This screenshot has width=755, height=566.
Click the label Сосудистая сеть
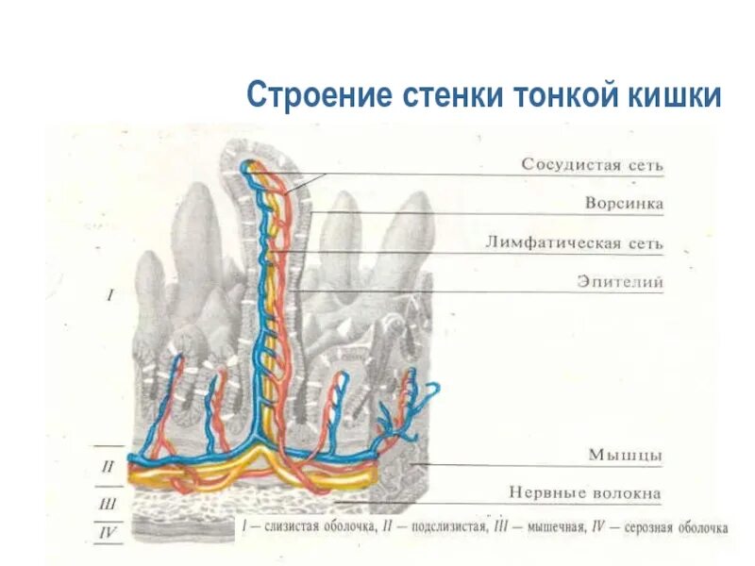[593, 165]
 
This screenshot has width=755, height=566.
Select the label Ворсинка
[624, 204]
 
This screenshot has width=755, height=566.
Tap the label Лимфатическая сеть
[575, 243]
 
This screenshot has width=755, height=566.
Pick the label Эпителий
[620, 282]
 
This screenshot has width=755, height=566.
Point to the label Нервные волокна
[585, 492]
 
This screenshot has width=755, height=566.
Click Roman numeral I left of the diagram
[109, 295]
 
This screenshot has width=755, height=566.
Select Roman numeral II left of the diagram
[108, 466]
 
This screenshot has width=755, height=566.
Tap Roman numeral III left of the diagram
[108, 504]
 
